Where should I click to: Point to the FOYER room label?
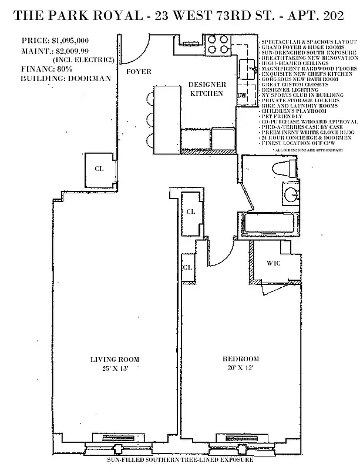pos(139,72)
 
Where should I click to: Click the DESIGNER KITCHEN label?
pos(207,89)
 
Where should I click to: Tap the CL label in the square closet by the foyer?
pos(99,168)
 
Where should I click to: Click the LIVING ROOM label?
pos(115,360)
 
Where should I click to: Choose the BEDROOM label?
pos(240,360)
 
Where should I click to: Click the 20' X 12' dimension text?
pos(240,368)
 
